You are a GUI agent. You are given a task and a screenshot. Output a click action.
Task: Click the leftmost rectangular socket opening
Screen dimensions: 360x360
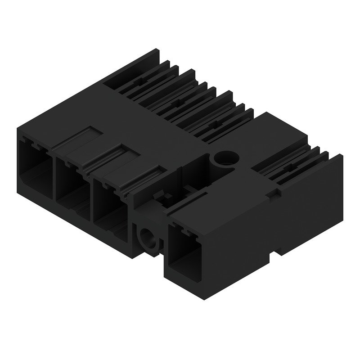click(x=34, y=169)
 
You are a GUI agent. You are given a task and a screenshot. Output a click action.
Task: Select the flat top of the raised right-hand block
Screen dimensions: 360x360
click(x=274, y=135)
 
